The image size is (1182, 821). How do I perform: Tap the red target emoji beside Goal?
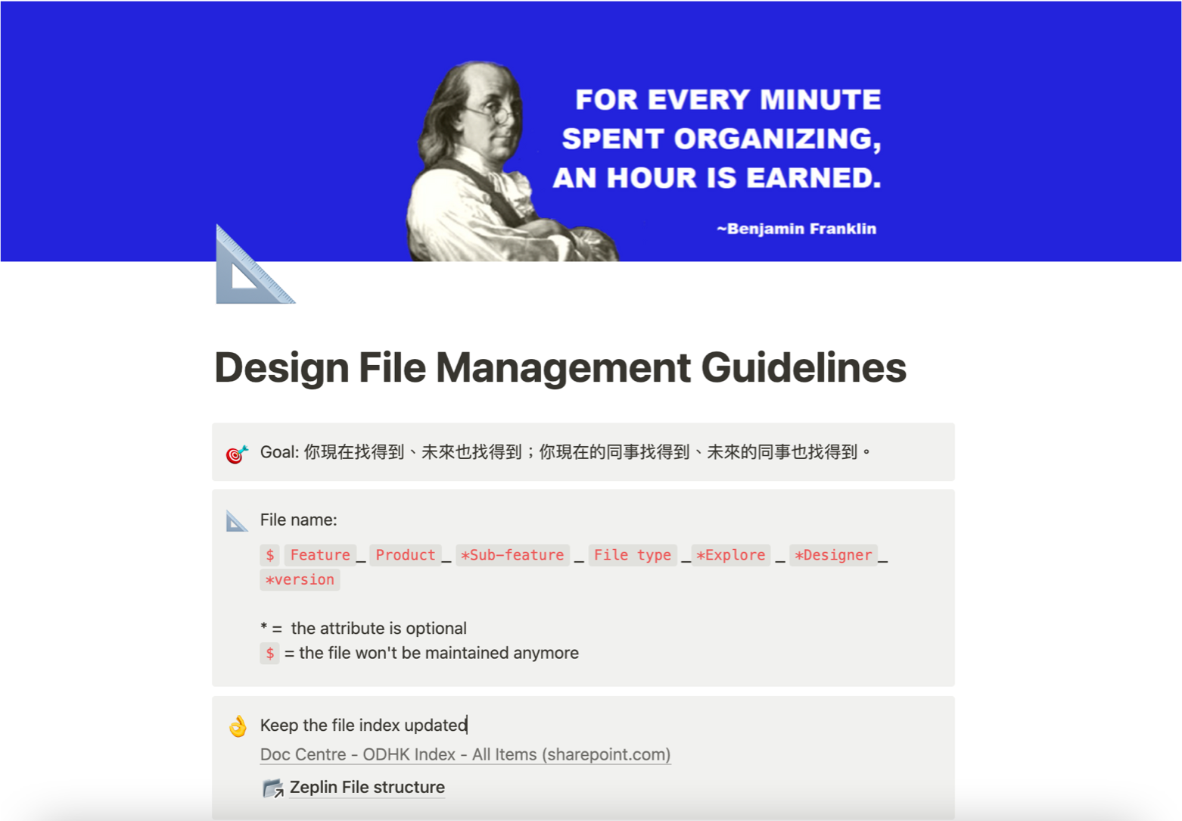pyautogui.click(x=236, y=454)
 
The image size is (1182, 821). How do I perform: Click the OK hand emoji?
pyautogui.click(x=238, y=726)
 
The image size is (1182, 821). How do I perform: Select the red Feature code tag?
pyautogui.click(x=320, y=555)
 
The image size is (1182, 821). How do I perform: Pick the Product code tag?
pyautogui.click(x=406, y=555)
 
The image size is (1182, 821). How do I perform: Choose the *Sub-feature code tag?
pyautogui.click(x=512, y=555)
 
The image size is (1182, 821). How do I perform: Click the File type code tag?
pyautogui.click(x=633, y=555)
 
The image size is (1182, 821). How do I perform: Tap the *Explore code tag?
pyautogui.click(x=731, y=555)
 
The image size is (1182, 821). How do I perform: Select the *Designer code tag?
pyautogui.click(x=834, y=555)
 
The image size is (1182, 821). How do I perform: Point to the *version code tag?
pyautogui.click(x=300, y=579)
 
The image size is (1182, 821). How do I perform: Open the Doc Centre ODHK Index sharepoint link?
pyautogui.click(x=465, y=754)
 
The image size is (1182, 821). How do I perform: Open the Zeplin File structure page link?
pyautogui.click(x=367, y=787)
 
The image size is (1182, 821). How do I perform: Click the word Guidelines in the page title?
pyautogui.click(x=804, y=368)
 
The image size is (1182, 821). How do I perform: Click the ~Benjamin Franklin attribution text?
pyautogui.click(x=796, y=229)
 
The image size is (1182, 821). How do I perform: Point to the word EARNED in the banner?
pyautogui.click(x=813, y=177)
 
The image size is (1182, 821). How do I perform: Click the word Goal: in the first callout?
pyautogui.click(x=280, y=452)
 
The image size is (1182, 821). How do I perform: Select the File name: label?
pyautogui.click(x=299, y=520)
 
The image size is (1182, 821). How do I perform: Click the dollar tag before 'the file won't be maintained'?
pyautogui.click(x=269, y=653)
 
